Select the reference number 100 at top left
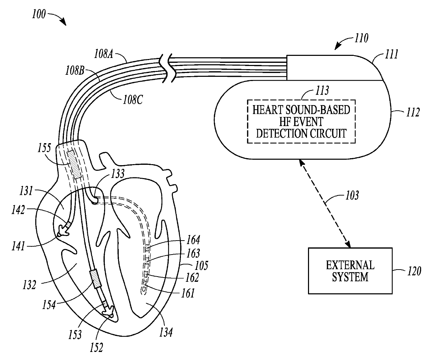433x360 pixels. (x=39, y=14)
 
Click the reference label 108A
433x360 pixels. (x=104, y=54)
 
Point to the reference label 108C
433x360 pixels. (x=133, y=100)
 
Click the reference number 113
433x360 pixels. (x=322, y=91)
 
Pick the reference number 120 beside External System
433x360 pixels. (x=414, y=271)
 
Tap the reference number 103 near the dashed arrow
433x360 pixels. (x=352, y=195)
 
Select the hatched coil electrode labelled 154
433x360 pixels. (x=96, y=279)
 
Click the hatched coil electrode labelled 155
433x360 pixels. (x=74, y=164)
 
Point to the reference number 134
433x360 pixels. (x=166, y=332)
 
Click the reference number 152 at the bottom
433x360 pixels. (x=96, y=347)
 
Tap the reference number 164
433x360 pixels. (x=193, y=240)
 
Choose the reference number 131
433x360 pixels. (x=26, y=191)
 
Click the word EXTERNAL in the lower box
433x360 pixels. (x=350, y=265)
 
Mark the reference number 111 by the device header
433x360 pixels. (x=391, y=54)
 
